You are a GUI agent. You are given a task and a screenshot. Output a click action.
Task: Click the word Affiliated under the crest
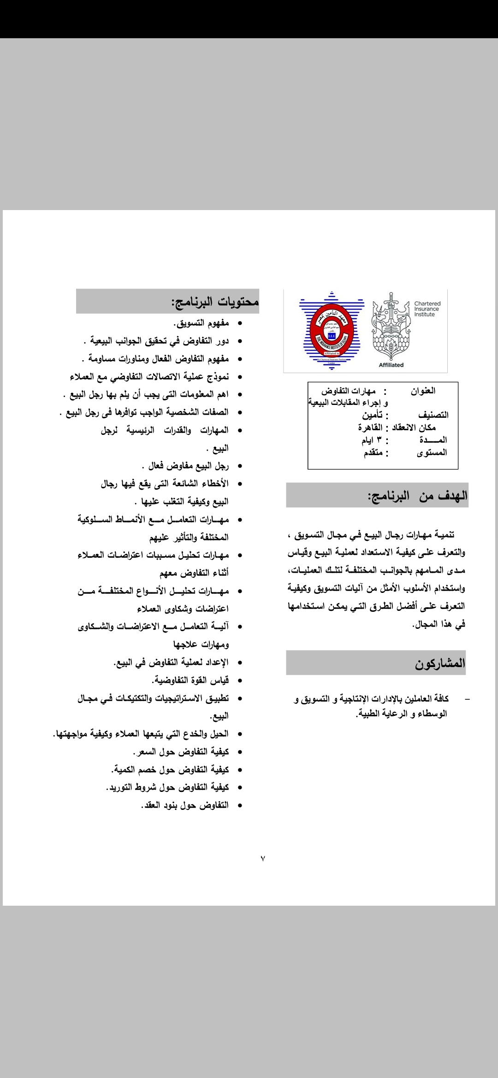point(391,365)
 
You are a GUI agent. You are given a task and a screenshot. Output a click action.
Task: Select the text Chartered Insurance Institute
point(427,309)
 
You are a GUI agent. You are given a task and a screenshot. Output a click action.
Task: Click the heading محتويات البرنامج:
point(215,302)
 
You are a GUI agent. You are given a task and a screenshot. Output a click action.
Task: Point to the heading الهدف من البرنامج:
point(418,496)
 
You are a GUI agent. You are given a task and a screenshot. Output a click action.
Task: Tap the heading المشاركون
point(440,663)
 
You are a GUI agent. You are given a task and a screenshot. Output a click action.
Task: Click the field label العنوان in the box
point(423,391)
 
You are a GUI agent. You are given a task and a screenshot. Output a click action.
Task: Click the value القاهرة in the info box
point(371,428)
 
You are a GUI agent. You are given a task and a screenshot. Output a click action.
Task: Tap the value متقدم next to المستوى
point(373,452)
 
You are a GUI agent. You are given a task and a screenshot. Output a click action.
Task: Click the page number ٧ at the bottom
point(263,858)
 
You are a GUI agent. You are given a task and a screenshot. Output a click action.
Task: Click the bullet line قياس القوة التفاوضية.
point(190,680)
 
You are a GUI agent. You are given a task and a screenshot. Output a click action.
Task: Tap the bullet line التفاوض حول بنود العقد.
point(184,805)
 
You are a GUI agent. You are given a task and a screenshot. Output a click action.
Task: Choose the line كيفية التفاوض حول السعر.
point(181,752)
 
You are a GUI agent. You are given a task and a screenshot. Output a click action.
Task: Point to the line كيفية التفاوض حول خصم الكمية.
point(170,770)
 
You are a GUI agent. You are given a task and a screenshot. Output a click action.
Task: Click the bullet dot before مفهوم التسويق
point(239,324)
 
